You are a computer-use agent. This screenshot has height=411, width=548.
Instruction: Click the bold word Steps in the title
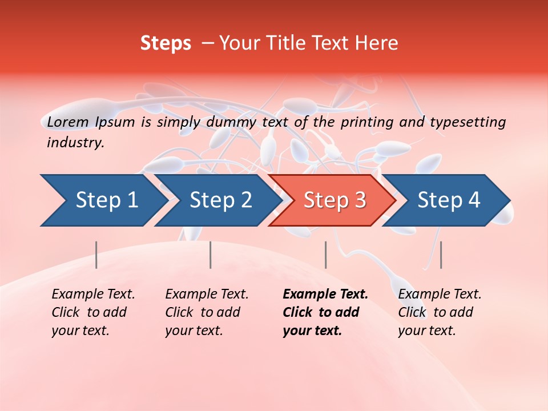tap(166, 43)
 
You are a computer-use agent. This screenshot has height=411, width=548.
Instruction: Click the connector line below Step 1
tap(96, 255)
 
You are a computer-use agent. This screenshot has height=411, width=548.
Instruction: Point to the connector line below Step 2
tap(211, 255)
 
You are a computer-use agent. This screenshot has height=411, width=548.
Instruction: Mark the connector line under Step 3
tap(325, 255)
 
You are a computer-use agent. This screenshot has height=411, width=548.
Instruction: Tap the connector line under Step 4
tap(441, 255)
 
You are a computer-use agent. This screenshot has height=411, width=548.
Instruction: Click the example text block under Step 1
tap(92, 312)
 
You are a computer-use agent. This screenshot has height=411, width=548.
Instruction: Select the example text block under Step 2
tap(207, 312)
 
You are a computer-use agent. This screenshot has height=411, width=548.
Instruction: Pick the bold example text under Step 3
tap(325, 312)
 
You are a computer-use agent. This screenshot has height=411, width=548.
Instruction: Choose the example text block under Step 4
tap(440, 312)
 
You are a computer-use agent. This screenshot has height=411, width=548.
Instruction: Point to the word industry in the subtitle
tap(75, 143)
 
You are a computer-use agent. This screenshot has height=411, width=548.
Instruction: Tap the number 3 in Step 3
tap(360, 200)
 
